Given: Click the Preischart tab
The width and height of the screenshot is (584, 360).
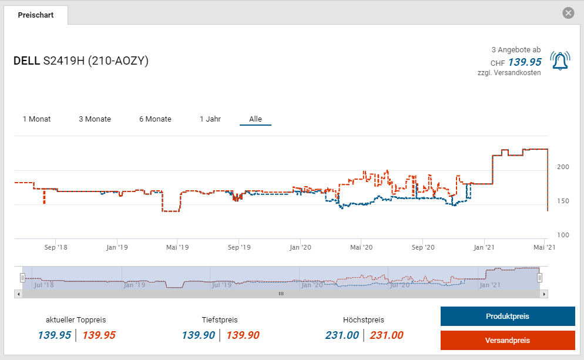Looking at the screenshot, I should tap(36, 15).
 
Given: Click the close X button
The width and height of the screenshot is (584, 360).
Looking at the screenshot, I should tap(568, 13).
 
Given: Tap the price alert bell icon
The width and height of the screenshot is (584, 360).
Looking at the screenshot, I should tap(560, 61).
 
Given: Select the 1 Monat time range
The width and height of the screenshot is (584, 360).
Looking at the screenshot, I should tap(36, 119).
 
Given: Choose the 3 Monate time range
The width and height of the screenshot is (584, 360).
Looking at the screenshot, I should tap(95, 119).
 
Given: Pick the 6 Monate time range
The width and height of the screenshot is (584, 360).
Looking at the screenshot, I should tap(155, 119).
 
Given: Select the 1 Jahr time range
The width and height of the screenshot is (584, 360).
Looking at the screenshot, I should tap(210, 119).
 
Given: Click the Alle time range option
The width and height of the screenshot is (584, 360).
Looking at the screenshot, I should tap(256, 119).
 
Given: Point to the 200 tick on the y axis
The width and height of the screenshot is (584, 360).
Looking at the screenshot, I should tap(563, 167).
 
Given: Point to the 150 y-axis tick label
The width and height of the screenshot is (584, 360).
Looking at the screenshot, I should tap(563, 201).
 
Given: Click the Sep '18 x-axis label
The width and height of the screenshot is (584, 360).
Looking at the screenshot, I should tap(56, 247).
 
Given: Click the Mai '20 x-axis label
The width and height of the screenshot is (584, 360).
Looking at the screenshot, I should tap(363, 247).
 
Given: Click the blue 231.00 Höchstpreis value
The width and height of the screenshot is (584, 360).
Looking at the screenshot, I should tap(342, 335).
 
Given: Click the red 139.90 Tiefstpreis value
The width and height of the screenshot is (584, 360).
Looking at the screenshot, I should tap(243, 335).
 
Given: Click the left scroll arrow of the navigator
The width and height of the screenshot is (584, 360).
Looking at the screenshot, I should tap(18, 294).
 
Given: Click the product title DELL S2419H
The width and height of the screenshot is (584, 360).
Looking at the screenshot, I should tap(81, 61).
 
